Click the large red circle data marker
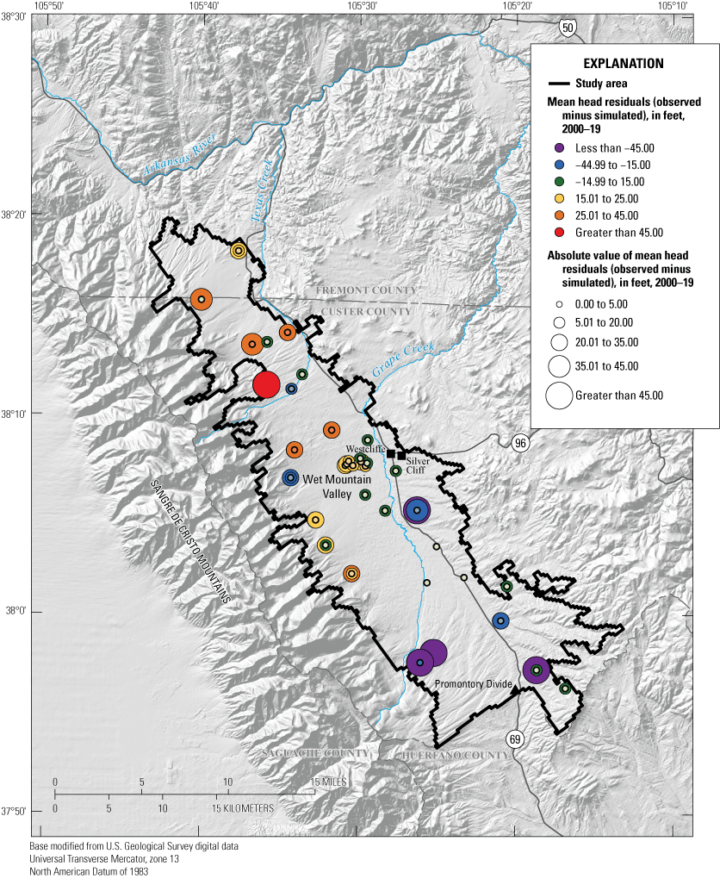point(267,384)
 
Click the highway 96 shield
point(519,443)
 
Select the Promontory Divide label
point(469,684)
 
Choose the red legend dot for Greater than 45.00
point(559,233)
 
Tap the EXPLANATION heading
point(624,63)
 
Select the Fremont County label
point(367,290)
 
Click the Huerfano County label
point(444,755)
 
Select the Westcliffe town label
point(365,449)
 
